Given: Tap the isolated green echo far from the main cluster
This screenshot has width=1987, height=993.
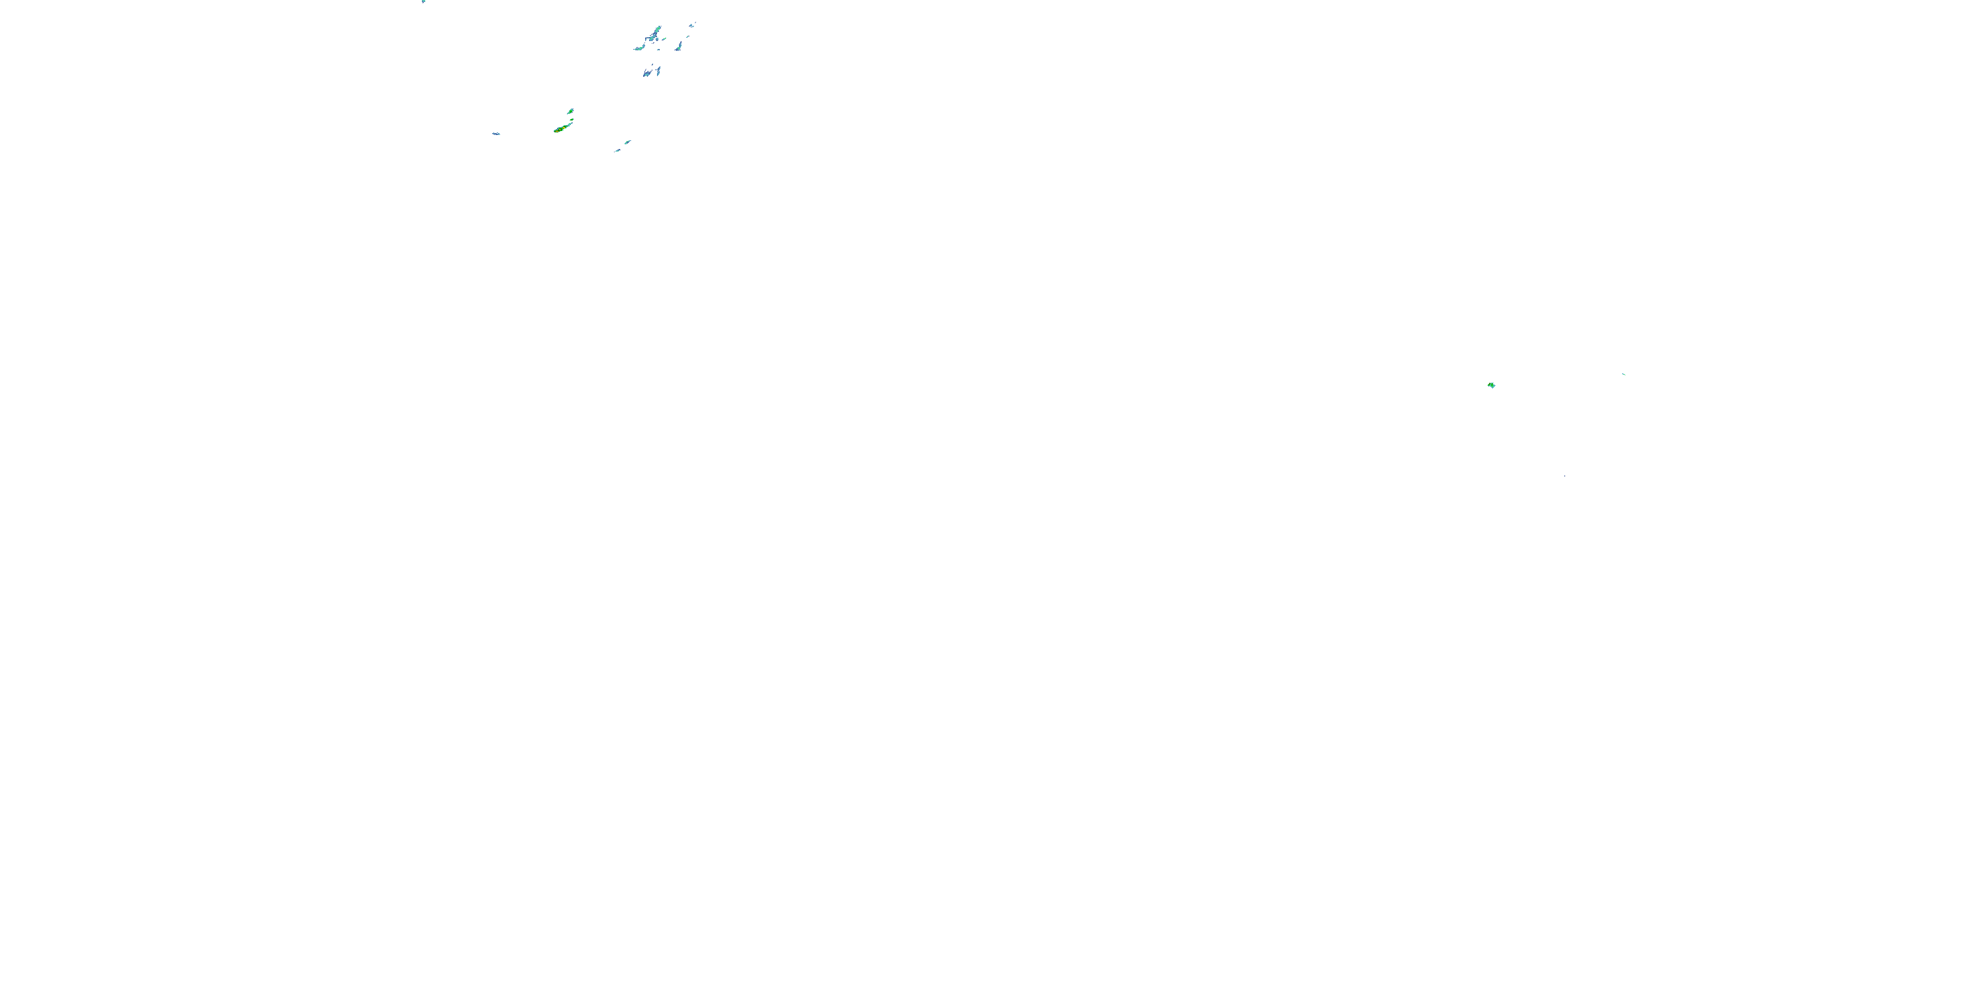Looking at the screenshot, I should click(1491, 385).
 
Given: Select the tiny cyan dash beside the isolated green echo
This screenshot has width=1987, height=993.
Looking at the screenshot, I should click(1623, 374).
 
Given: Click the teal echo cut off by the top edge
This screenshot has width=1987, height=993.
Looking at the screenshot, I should click(423, 1).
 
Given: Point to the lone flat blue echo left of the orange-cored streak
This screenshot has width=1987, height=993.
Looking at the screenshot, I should click(497, 134).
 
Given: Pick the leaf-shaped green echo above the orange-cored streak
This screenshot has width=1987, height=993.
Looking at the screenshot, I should click(571, 112).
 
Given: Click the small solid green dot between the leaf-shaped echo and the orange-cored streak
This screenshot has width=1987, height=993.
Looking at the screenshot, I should click(572, 120).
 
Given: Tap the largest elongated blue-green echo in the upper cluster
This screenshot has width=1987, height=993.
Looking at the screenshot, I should click(654, 33).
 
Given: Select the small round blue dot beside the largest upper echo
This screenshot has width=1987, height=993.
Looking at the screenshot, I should click(657, 39).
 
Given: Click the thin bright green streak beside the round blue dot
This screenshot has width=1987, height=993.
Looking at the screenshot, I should click(664, 38).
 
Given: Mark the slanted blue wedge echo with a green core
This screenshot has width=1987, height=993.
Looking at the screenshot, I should click(679, 47).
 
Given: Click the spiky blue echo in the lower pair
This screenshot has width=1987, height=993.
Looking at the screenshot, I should click(647, 74).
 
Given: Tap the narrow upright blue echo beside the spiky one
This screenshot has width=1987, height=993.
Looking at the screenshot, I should click(659, 71).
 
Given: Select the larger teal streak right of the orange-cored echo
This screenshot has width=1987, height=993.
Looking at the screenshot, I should click(628, 142).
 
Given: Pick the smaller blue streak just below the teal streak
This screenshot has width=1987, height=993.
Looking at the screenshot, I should click(619, 150).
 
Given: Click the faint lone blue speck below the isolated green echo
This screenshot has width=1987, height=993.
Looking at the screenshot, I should click(1564, 476).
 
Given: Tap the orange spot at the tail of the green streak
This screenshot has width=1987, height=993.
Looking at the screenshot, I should click(557, 131).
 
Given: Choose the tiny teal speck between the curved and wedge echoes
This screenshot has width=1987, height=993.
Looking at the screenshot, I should click(659, 50).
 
